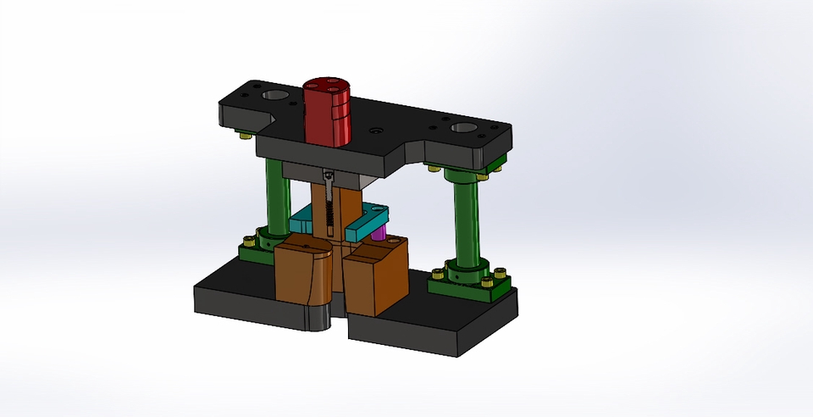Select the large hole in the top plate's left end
click(x=274, y=95)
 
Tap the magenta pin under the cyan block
click(x=379, y=231)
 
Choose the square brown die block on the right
click(x=375, y=275)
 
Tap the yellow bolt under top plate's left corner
click(x=245, y=134)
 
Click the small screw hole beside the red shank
click(x=374, y=132)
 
